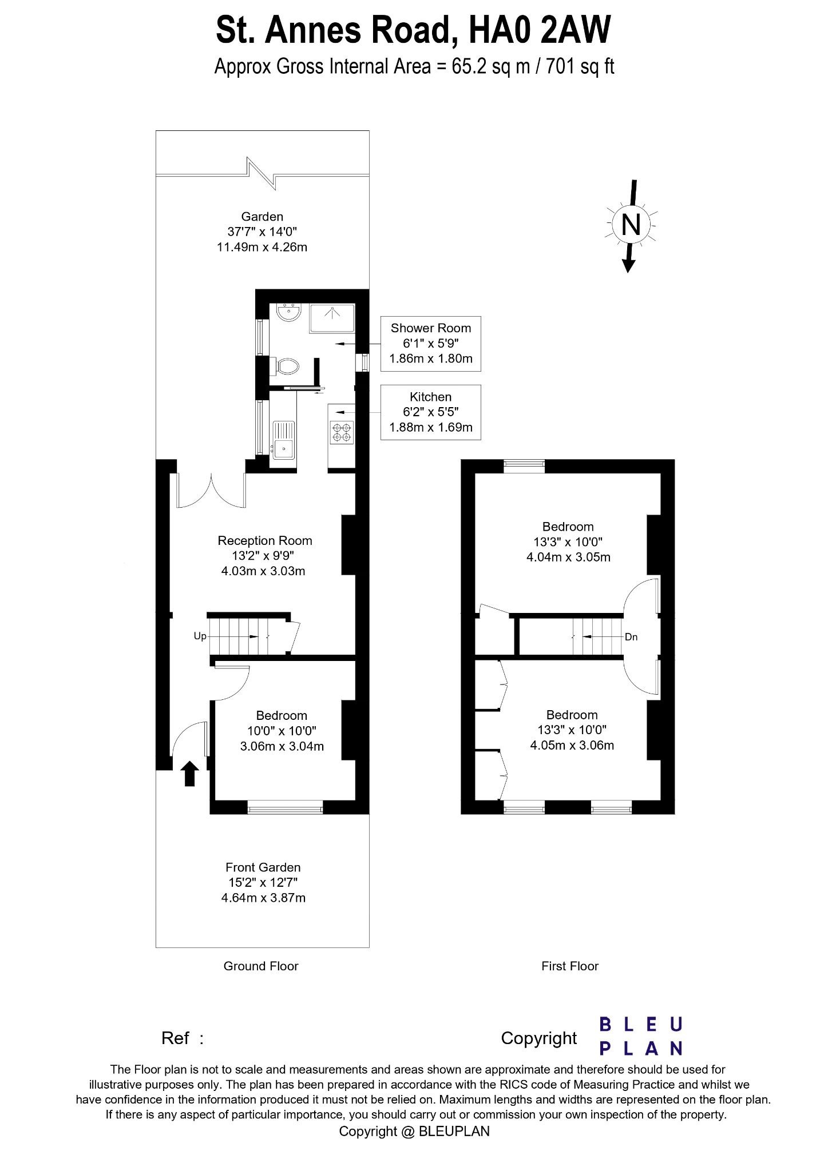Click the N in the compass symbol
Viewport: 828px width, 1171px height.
pos(631,225)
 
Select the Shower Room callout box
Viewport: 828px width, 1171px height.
pos(430,344)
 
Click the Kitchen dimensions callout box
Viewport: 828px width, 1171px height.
pos(430,412)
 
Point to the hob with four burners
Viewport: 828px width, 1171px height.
pos(343,432)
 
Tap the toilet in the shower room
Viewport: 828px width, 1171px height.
pos(286,366)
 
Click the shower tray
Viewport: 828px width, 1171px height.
pos(332,318)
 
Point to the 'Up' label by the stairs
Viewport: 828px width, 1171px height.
pos(200,636)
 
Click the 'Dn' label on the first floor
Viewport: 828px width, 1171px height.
pos(631,637)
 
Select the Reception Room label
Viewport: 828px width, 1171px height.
pos(265,541)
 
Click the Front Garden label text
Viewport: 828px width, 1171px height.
pos(263,867)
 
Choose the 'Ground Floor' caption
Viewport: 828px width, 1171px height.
pos(261,966)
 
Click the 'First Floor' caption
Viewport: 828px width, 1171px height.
pos(570,966)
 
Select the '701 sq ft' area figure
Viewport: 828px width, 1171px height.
pos(580,67)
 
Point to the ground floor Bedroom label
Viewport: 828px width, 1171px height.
pos(282,715)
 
